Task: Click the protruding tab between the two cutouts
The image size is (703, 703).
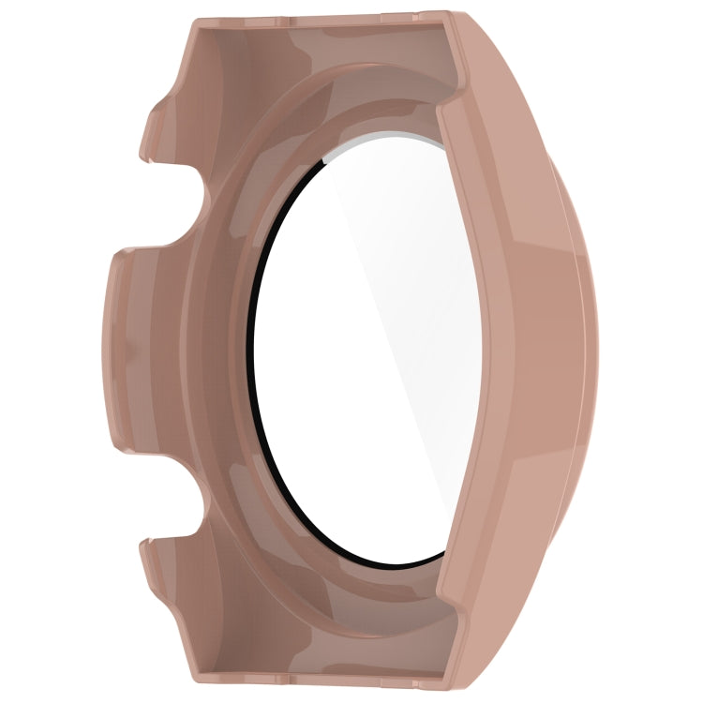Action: [127, 347]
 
